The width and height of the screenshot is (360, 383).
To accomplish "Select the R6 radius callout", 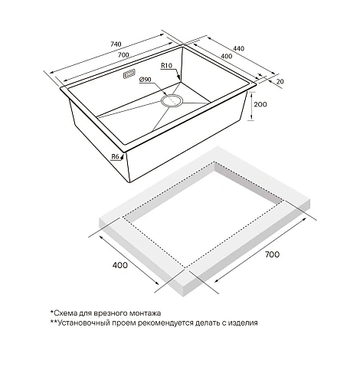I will tap(116, 157).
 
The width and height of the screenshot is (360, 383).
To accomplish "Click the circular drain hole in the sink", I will tap(172, 100).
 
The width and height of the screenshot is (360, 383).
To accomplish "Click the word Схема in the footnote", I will tap(67, 313).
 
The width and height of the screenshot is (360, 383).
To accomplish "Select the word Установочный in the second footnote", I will tap(86, 323).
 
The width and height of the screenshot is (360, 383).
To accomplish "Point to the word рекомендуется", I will tap(176, 323).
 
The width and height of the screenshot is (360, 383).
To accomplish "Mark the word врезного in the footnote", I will tap(123, 313).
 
